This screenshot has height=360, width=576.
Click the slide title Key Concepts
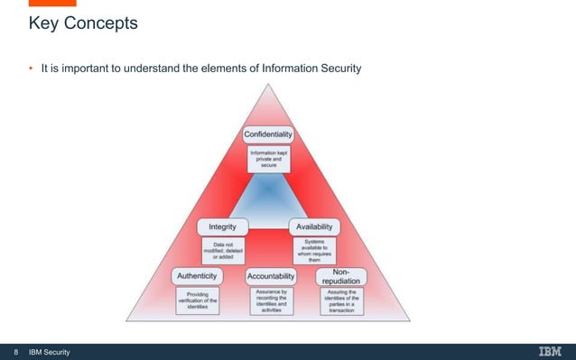(83, 23)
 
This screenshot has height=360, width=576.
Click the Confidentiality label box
(269, 134)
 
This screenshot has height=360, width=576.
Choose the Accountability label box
(272, 273)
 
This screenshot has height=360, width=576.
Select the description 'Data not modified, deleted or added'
(222, 248)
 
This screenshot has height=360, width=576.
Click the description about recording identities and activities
(272, 300)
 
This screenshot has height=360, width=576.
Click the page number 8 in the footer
(14, 351)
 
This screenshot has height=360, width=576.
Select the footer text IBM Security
(50, 351)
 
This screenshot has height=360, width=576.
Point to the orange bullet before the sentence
(30, 67)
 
